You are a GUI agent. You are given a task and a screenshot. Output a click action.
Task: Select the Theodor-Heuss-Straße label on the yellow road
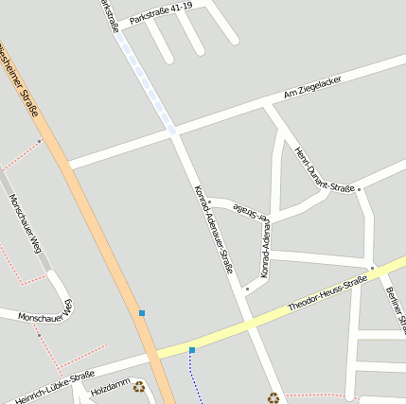pyautogui.click(x=327, y=294)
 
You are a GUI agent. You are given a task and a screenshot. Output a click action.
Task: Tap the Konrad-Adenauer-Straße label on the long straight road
pyautogui.click(x=213, y=228)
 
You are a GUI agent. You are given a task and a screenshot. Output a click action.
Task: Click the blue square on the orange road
pyautogui.click(x=142, y=313)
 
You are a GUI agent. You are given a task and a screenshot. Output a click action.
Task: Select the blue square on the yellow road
pyautogui.click(x=192, y=350)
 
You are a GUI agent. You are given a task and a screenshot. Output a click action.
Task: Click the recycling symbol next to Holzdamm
pyautogui.click(x=139, y=386)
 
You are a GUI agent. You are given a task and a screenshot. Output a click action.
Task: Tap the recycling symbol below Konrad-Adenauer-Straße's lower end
pyautogui.click(x=274, y=397)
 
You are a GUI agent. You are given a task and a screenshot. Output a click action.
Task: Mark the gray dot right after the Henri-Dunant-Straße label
pyautogui.click(x=359, y=189)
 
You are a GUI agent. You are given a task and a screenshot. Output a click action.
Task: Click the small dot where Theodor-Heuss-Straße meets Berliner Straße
pyautogui.click(x=373, y=269)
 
